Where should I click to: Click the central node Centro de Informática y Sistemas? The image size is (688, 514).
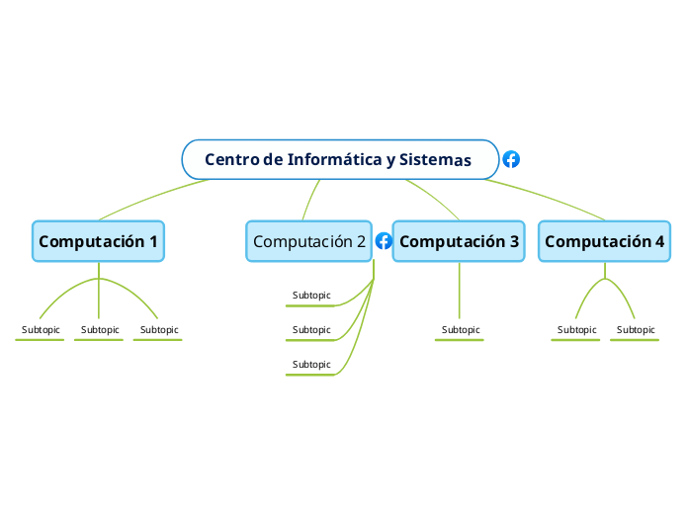(x=339, y=159)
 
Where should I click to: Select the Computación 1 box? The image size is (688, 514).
(x=98, y=241)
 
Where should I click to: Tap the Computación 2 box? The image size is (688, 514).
(x=309, y=241)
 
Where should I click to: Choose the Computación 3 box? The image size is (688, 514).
(x=459, y=241)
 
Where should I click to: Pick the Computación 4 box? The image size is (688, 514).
(x=605, y=241)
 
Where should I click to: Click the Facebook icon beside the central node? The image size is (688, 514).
(x=511, y=159)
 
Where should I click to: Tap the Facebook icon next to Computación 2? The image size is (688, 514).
(x=385, y=241)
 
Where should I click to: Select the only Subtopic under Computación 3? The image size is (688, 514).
(x=461, y=330)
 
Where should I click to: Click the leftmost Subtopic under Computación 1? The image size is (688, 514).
(x=41, y=330)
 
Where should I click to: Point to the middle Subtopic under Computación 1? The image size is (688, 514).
(x=100, y=330)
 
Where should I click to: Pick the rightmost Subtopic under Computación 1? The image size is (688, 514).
(x=159, y=330)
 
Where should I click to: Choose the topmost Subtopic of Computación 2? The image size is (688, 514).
(x=311, y=296)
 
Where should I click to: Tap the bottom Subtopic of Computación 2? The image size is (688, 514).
(x=311, y=365)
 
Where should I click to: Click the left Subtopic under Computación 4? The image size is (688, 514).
(x=576, y=330)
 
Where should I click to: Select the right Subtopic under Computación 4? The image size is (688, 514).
(x=636, y=330)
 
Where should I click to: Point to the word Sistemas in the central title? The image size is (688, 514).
(x=435, y=159)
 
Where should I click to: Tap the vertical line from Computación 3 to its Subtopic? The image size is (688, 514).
(x=460, y=292)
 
